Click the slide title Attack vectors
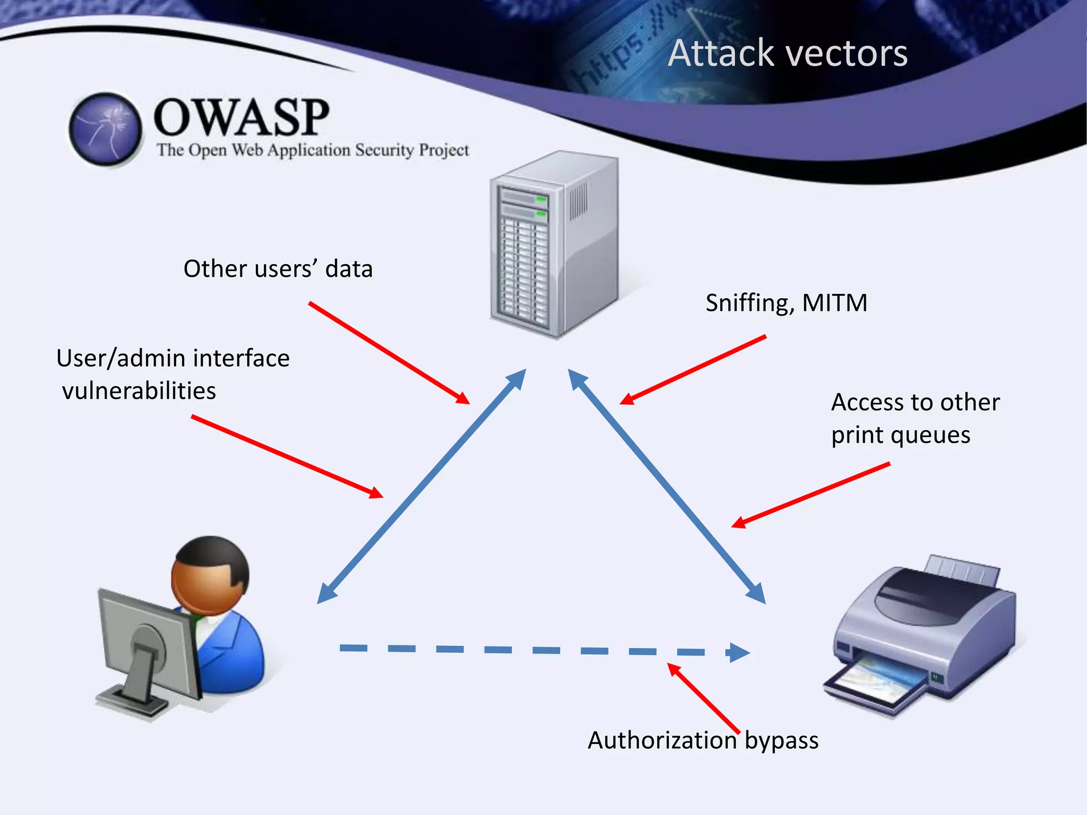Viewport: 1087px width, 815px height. click(788, 54)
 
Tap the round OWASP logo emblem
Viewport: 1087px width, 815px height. click(106, 129)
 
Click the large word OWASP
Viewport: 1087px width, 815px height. click(241, 118)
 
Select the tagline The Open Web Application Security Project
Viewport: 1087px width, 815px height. click(313, 150)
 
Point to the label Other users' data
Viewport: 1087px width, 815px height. click(278, 269)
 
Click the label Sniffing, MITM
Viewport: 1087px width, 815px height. click(786, 303)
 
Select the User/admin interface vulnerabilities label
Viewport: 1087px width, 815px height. click(172, 374)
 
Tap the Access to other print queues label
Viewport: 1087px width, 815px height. click(915, 418)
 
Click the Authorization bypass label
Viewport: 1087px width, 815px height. click(703, 740)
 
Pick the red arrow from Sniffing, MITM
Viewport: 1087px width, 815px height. click(693, 370)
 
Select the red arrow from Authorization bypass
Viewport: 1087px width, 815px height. click(703, 698)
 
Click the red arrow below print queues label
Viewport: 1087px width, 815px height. click(810, 495)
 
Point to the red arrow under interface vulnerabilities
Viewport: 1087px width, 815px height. click(287, 457)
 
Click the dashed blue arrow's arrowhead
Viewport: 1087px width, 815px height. click(738, 652)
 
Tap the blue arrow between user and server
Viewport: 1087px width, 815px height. click(421, 486)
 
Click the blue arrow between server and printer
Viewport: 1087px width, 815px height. click(667, 486)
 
